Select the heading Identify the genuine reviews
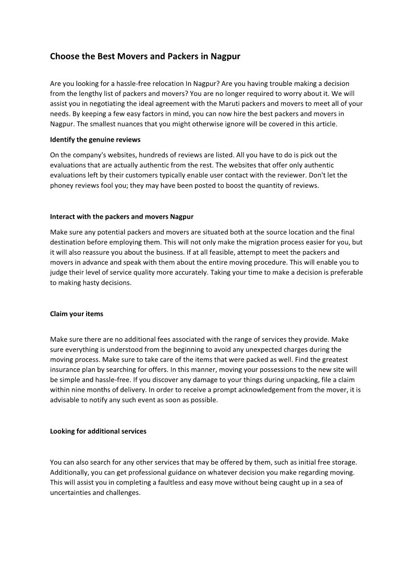95,140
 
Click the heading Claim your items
76,314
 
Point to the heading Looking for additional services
98,431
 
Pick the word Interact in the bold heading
63,216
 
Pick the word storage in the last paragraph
344,463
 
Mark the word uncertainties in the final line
70,492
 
